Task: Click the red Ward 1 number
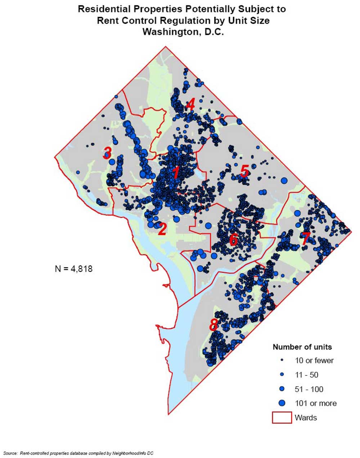click(x=175, y=173)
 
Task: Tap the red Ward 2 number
click(x=162, y=229)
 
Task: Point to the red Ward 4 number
click(x=190, y=104)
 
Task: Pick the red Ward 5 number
click(x=244, y=171)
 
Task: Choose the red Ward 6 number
click(x=233, y=240)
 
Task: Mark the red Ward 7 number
click(x=305, y=239)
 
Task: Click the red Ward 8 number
click(x=213, y=325)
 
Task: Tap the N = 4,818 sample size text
click(x=74, y=268)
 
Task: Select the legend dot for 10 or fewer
click(x=282, y=360)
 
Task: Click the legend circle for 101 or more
click(x=282, y=403)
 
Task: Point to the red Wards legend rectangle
click(x=282, y=417)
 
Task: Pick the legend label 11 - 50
click(x=306, y=375)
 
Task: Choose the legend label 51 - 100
click(x=309, y=389)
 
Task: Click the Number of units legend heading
click(x=302, y=347)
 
